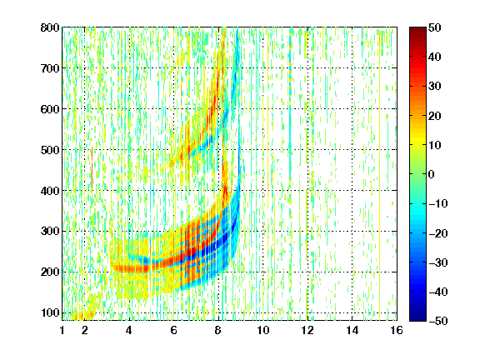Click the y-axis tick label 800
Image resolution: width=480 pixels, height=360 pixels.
click(x=50, y=27)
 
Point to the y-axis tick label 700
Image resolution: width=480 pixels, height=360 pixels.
click(x=50, y=68)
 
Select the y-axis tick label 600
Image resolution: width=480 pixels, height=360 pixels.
click(x=50, y=109)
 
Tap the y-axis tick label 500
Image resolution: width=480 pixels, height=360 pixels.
click(x=50, y=150)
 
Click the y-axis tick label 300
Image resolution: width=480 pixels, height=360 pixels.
click(x=50, y=232)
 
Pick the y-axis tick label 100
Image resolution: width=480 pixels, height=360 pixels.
click(x=50, y=312)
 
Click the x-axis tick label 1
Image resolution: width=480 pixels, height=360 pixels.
click(x=62, y=330)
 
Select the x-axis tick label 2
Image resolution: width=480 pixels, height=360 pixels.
click(x=85, y=330)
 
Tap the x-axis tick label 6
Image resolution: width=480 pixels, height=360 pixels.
click(x=174, y=330)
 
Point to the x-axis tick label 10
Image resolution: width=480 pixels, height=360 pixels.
click(x=263, y=330)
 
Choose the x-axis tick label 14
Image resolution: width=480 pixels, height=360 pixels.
click(x=352, y=330)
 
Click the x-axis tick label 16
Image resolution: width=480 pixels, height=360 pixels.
click(x=397, y=330)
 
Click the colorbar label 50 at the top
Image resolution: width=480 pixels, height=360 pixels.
click(x=434, y=27)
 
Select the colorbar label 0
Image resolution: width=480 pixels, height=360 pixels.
click(x=432, y=174)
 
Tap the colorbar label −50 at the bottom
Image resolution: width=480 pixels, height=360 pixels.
click(x=438, y=321)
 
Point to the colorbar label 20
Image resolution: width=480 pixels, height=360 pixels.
click(x=434, y=116)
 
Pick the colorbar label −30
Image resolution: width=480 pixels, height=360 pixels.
click(x=438, y=262)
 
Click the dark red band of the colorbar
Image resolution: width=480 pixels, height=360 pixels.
click(x=417, y=32)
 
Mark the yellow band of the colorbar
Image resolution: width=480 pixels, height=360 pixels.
click(x=417, y=139)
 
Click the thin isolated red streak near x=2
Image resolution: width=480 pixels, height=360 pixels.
click(x=92, y=168)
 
